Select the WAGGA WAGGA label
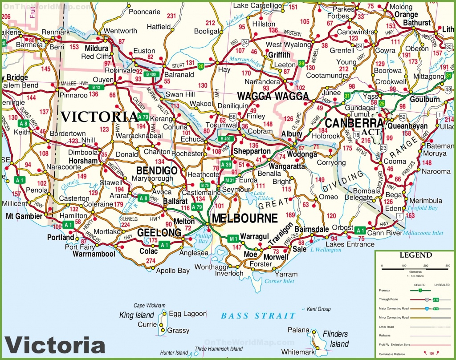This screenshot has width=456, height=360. click(x=273, y=96)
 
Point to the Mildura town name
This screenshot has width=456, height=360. click(x=95, y=48)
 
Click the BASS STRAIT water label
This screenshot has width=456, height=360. click(x=258, y=316)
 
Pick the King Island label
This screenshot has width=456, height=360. click(x=136, y=315)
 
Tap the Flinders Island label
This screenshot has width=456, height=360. click(x=335, y=339)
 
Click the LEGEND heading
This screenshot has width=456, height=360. click(x=415, y=255)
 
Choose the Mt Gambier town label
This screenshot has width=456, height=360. click(x=24, y=216)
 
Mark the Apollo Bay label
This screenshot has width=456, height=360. click(x=173, y=270)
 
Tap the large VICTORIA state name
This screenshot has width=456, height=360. click(x=99, y=117)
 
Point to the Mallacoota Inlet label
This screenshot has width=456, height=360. click(x=424, y=233)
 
